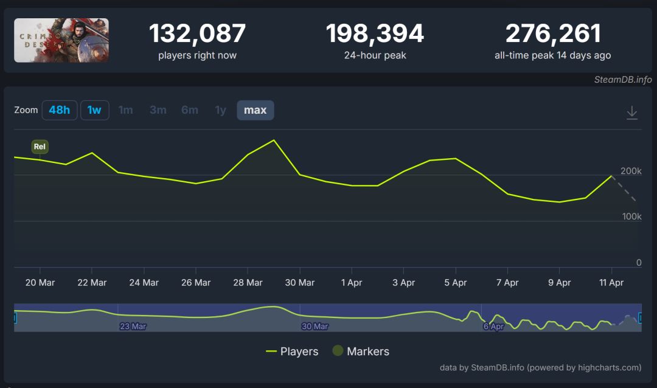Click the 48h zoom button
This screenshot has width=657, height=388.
60,110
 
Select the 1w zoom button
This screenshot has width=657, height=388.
94,110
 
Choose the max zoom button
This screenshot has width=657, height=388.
255,110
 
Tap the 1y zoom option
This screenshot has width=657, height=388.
220,110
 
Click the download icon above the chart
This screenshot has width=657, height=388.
632,112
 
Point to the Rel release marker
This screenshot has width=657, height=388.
40,147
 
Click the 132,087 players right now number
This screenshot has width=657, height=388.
197,33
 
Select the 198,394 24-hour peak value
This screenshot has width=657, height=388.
375,33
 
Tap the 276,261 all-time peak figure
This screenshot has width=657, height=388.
553,33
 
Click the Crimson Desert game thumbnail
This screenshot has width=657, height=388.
61,40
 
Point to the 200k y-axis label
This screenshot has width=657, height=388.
631,171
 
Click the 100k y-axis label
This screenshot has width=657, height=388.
631,217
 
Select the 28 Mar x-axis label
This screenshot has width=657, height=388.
248,283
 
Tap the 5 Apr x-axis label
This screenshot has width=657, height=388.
455,283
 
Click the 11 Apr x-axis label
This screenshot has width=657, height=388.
611,283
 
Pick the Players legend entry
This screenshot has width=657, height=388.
292,352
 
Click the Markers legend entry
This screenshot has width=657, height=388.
361,352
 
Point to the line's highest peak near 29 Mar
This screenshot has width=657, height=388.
274,140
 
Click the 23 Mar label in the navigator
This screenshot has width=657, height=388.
133,327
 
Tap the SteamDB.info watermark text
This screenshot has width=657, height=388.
623,80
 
